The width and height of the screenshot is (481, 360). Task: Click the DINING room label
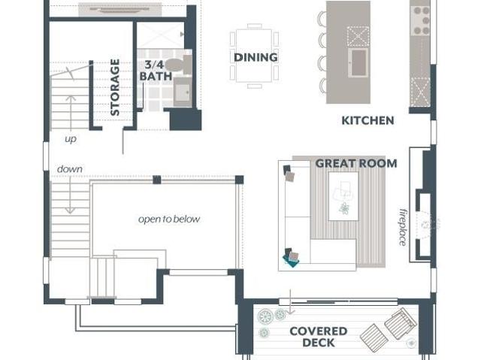[256, 57]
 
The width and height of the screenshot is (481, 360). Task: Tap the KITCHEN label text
[368, 120]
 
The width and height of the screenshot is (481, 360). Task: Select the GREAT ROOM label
[356, 163]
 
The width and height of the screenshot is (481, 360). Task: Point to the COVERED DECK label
[319, 337]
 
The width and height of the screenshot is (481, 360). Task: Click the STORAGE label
[115, 87]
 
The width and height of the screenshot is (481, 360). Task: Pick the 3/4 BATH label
[156, 71]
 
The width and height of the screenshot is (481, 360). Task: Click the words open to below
[169, 219]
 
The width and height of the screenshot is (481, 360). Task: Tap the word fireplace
[403, 227]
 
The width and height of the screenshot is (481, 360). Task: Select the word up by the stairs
[71, 139]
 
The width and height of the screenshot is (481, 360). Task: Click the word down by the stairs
[70, 169]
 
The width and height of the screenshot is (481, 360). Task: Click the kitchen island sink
[358, 63]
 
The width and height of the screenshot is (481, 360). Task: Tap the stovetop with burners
[421, 20]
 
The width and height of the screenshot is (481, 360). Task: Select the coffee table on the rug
[343, 196]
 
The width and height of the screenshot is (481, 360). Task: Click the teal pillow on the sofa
[291, 260]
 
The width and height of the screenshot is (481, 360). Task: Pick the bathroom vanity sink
[183, 92]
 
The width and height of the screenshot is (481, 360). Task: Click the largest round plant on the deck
[265, 316]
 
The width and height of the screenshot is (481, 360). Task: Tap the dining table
[254, 56]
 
